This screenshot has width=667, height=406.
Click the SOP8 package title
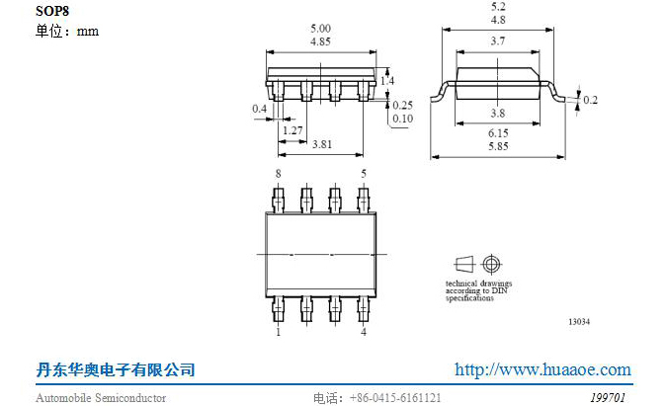point(52,11)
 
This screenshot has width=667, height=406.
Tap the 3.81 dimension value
point(322,144)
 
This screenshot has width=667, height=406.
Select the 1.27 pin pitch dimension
point(292,130)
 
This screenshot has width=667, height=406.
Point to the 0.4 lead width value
point(260,109)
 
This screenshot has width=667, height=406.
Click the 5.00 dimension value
point(320,29)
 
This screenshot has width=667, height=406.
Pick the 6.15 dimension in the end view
point(498,133)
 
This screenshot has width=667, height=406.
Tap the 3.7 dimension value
point(498,41)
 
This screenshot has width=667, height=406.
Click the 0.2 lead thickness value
point(591,100)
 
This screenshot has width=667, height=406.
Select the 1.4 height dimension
point(387,80)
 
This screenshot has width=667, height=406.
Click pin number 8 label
point(279,174)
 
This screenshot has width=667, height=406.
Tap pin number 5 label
point(364,174)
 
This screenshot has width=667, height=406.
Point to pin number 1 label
point(279,332)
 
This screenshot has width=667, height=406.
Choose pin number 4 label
point(364,332)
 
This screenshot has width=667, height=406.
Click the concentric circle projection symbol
point(491,264)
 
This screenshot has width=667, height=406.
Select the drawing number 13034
point(579,321)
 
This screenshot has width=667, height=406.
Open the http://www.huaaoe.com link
point(542,369)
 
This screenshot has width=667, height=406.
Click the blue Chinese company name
point(116,369)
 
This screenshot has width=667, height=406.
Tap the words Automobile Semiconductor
point(101,398)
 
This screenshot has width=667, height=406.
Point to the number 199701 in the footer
point(608,398)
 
